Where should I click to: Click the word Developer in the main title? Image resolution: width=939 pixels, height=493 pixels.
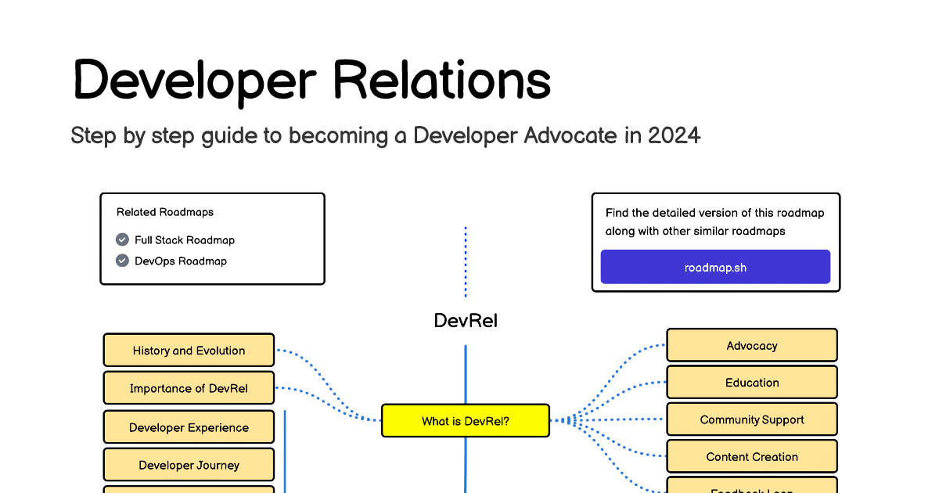coord(194,80)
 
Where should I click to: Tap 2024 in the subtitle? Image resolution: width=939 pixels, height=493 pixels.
coord(674,135)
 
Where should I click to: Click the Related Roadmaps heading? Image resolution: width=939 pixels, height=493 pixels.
coord(165,212)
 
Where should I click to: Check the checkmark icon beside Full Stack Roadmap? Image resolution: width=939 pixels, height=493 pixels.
coord(122,239)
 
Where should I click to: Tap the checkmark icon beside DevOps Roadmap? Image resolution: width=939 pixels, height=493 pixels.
coord(122,261)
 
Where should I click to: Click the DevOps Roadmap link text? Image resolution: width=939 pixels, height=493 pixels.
coord(181,261)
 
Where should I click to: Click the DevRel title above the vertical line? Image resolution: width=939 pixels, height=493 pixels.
coord(466,320)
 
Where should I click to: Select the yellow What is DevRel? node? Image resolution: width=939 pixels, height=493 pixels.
coord(466,421)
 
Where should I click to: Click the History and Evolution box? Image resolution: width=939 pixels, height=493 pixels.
coord(189,351)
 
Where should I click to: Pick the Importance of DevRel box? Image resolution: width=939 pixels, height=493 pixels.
coord(189,388)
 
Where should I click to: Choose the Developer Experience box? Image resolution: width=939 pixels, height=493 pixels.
coord(189,427)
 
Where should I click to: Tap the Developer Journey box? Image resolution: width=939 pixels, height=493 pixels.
coord(189,465)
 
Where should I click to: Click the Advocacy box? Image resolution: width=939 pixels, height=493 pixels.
coord(751,345)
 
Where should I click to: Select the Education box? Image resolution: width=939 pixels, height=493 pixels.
coord(751,383)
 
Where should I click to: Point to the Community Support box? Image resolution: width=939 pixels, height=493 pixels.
coord(751,419)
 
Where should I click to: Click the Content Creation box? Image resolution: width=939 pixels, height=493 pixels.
coord(751,457)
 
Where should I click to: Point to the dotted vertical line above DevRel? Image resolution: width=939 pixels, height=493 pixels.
coord(466,262)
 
